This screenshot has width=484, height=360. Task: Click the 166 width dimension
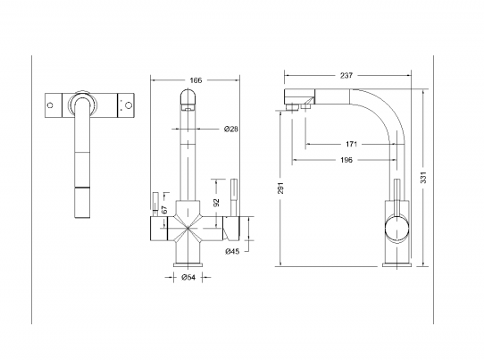tap(196, 80)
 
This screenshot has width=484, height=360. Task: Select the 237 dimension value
tap(346, 75)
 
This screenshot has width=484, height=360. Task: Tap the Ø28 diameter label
tap(231, 129)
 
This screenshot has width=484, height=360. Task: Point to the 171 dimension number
tap(351, 144)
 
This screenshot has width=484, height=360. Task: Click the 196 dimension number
tap(346, 160)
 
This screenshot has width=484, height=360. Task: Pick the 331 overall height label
tap(423, 178)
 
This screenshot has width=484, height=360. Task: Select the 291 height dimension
tap(280, 188)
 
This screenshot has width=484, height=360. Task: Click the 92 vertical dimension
tap(216, 203)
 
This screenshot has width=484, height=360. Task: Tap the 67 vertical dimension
tap(164, 210)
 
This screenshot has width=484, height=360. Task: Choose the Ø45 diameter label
tap(232, 252)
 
